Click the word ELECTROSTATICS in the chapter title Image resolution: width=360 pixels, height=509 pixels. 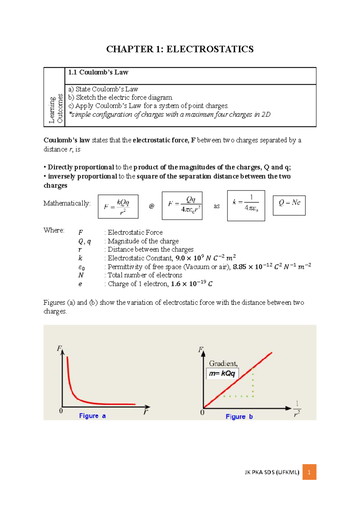point(210,49)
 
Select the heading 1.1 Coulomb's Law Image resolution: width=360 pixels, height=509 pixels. point(98,72)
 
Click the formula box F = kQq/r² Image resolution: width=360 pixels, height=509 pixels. point(118,206)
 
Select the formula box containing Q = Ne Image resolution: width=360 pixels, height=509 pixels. point(289,205)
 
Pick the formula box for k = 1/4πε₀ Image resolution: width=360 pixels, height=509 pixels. point(246,206)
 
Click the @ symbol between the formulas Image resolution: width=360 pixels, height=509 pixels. point(151,206)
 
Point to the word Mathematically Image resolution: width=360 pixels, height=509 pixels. point(67,203)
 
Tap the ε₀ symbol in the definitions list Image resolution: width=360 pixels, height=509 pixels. point(81,267)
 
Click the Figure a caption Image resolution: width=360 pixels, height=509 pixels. point(92,416)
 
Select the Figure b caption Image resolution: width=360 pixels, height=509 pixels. point(239,417)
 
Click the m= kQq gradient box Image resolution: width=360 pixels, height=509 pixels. point(222,373)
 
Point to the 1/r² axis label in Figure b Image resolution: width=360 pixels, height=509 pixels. point(297,409)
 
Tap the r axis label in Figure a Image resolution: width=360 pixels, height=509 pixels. point(146,412)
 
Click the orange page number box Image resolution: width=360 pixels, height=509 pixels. point(309,472)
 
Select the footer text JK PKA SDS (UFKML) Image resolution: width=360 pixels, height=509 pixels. point(272,472)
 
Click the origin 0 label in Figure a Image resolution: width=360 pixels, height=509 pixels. point(61,411)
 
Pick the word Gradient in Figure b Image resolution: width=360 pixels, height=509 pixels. point(223,363)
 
